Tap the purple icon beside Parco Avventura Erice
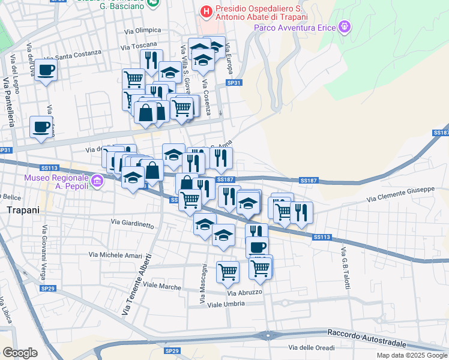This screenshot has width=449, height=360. [345, 26]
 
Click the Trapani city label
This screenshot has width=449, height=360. [22, 210]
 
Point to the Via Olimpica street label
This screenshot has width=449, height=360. [142, 30]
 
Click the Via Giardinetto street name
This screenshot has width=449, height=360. [132, 223]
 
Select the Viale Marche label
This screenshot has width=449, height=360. [160, 287]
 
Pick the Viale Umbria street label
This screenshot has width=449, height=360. [226, 304]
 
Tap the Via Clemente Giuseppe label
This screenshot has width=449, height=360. [400, 194]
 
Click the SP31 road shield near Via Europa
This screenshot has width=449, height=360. [234, 83]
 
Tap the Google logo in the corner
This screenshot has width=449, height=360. [20, 352]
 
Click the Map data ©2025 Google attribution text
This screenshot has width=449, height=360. [411, 355]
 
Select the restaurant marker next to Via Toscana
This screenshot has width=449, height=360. [149, 61]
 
